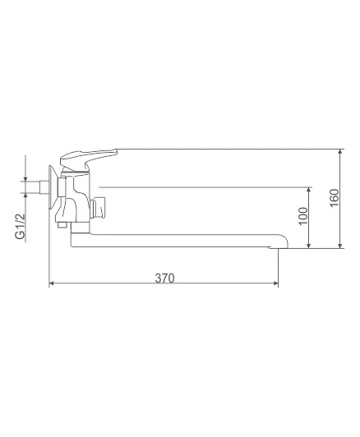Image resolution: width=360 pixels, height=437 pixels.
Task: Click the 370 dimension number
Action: click(164, 278)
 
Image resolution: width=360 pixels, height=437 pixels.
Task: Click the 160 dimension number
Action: click(335, 198)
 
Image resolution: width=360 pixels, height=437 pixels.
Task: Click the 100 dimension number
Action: click(303, 216)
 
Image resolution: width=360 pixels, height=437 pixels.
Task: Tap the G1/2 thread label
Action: click(20, 227)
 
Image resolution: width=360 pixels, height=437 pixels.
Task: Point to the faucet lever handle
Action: click(88, 158)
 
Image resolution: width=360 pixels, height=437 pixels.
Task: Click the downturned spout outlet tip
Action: click(279, 246)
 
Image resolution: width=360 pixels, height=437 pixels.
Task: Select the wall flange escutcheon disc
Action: click(53, 187)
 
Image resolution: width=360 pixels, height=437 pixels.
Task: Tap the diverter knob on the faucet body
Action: click(98, 208)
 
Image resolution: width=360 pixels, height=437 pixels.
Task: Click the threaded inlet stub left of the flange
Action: click(44, 186)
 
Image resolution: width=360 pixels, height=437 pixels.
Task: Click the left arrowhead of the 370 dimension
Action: click(51, 283)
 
